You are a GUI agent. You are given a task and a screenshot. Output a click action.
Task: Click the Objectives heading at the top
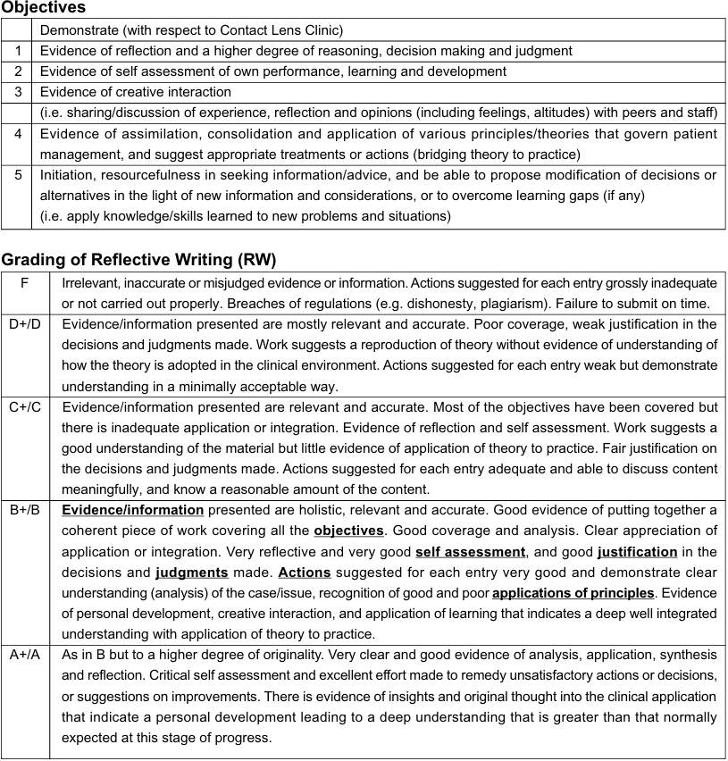tap(44, 8)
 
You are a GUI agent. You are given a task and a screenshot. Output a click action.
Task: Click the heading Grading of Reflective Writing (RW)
tap(138, 260)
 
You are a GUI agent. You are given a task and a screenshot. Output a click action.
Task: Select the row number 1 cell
tap(17, 51)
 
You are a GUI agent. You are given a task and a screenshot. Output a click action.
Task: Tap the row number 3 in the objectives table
tap(17, 92)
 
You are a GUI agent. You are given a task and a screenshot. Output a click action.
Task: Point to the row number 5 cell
tap(17, 175)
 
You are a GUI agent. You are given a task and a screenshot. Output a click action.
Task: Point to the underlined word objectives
tap(348, 531)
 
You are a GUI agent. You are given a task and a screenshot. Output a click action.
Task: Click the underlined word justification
tap(637, 552)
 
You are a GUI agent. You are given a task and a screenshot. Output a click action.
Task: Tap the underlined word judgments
tap(191, 573)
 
